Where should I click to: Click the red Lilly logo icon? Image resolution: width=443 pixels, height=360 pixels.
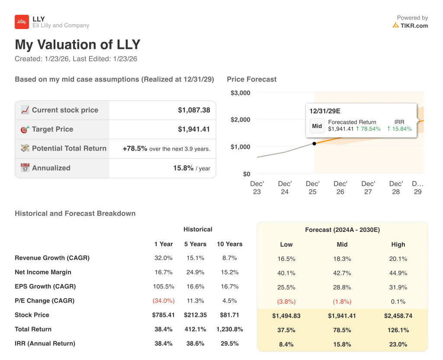pyautogui.click(x=22, y=22)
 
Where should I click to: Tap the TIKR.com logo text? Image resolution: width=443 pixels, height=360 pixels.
pyautogui.click(x=414, y=26)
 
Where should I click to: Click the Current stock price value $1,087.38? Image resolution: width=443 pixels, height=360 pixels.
pyautogui.click(x=194, y=110)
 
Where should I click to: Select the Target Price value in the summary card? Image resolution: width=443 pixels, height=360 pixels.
pyautogui.click(x=194, y=129)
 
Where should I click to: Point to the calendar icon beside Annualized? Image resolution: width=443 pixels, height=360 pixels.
pyautogui.click(x=25, y=168)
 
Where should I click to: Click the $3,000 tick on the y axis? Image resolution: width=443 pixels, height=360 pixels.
pyautogui.click(x=240, y=93)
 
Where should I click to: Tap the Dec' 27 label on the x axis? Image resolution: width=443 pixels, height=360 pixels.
pyautogui.click(x=368, y=187)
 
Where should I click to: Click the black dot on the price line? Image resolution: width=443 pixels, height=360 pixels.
pyautogui.click(x=314, y=143)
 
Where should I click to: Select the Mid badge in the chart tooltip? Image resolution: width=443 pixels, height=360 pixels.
pyautogui.click(x=317, y=126)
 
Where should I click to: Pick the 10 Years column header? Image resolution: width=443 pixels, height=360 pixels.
pyautogui.click(x=229, y=244)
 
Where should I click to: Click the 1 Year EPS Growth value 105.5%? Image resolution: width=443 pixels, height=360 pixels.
pyautogui.click(x=164, y=286)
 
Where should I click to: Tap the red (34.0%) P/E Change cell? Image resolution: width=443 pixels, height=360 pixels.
pyautogui.click(x=164, y=301)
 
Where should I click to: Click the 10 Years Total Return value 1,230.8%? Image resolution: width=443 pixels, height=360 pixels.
pyautogui.click(x=229, y=329)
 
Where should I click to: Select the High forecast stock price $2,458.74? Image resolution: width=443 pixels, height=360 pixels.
pyautogui.click(x=398, y=316)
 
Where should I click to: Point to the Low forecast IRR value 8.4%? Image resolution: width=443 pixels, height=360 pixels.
pyautogui.click(x=286, y=344)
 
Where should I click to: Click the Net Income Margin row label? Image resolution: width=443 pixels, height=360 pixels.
pyautogui.click(x=43, y=272)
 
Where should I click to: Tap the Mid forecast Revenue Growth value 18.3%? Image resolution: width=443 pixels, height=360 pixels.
pyautogui.click(x=342, y=259)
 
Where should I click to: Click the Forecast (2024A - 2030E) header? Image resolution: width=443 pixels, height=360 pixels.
pyautogui.click(x=342, y=230)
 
